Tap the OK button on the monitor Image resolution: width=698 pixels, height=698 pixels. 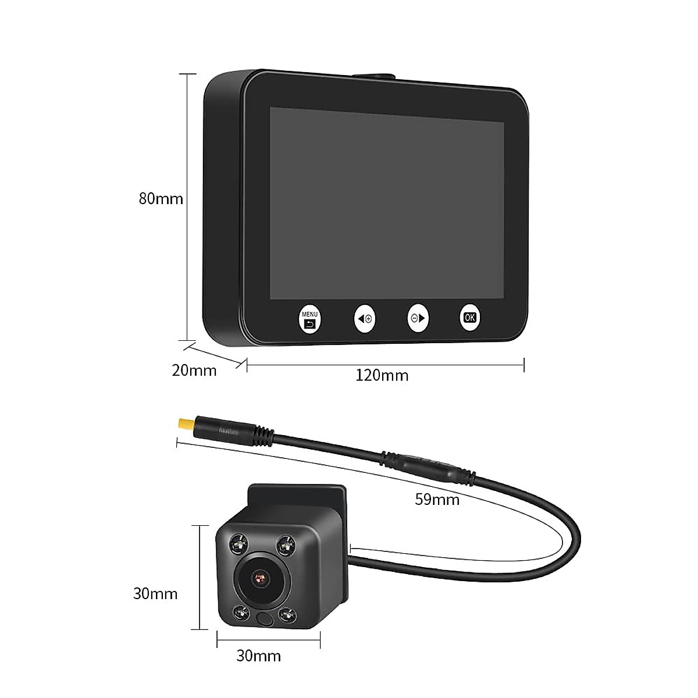point(470,318)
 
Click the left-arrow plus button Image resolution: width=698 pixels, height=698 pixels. point(365,318)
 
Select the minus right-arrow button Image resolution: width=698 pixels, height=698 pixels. point(418,318)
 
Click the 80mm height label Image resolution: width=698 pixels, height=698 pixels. point(161,199)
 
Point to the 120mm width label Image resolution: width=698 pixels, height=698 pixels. point(382,376)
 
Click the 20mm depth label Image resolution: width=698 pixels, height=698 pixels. point(194,370)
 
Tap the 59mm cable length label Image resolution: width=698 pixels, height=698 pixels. point(437,499)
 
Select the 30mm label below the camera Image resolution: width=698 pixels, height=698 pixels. point(258,656)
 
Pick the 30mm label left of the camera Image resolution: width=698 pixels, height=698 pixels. point(155,594)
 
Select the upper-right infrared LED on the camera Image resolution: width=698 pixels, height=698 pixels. point(284,544)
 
